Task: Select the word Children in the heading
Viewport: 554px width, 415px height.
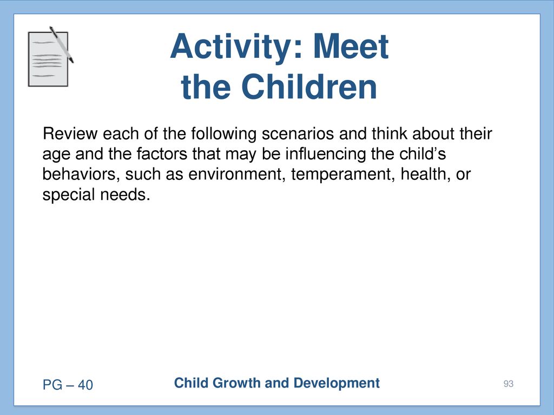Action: (x=309, y=87)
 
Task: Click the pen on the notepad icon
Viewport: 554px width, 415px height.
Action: (x=61, y=44)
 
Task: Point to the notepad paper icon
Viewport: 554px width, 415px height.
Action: (x=48, y=59)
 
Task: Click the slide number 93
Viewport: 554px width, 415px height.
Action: (x=509, y=384)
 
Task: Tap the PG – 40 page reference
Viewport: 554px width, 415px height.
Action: (x=68, y=385)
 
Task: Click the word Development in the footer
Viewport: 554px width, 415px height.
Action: (x=337, y=383)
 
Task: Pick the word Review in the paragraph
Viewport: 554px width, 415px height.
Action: (x=70, y=134)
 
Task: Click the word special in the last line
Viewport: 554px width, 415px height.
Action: (x=69, y=195)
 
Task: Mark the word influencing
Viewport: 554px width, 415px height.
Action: (x=325, y=154)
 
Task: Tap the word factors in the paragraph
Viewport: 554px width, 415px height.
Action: (x=161, y=154)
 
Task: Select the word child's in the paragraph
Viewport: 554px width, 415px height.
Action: (x=423, y=153)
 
